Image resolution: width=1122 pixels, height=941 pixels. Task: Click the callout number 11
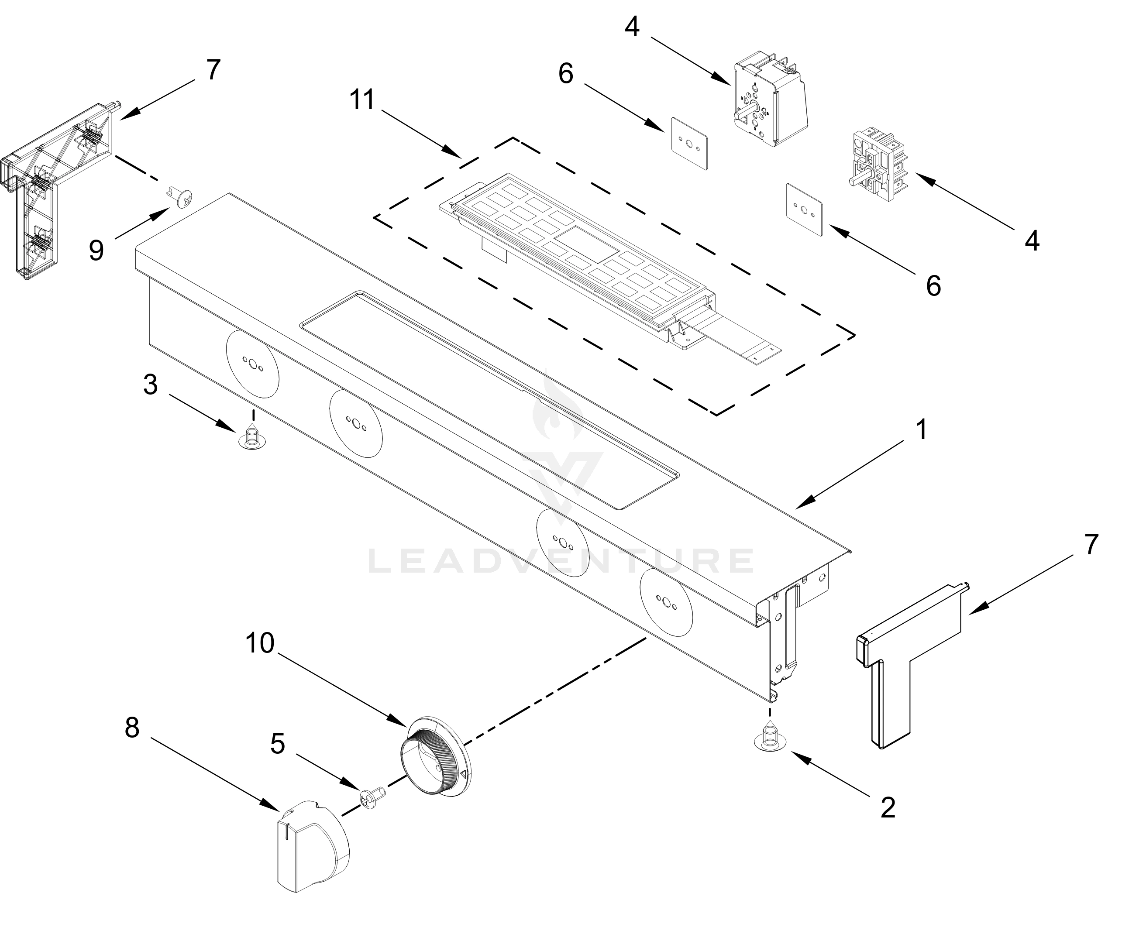point(362,100)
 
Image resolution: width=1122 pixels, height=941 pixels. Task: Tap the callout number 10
point(260,643)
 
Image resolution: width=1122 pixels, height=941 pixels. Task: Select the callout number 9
point(96,250)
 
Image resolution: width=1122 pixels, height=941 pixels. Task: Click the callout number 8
point(132,728)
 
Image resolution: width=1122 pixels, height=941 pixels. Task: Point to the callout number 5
point(277,743)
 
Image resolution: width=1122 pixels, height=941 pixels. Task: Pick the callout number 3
point(151,385)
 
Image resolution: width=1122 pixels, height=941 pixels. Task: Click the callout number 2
point(888,807)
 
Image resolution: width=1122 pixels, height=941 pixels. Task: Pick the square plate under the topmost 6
point(689,144)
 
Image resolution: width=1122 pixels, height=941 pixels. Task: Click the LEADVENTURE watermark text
point(561,561)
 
